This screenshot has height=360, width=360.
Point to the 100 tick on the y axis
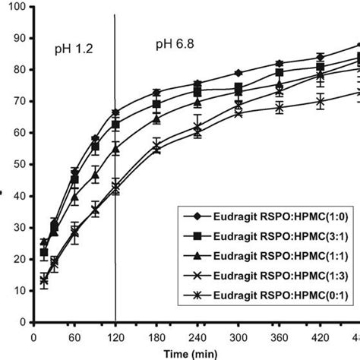15,7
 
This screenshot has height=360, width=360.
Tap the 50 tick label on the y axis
18,164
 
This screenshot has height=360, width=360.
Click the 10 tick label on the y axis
18,290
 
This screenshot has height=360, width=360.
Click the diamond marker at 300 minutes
239,73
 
